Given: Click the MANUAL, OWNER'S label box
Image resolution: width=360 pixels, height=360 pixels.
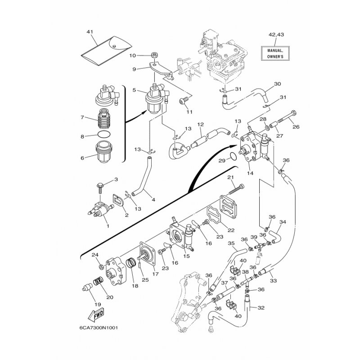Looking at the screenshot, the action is click(275, 53).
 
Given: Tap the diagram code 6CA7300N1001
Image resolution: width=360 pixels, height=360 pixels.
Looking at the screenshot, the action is click(99, 328).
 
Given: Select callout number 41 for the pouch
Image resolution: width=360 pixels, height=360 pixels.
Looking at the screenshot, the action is click(90, 31).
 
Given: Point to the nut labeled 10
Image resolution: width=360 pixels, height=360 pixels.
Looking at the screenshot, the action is click(154, 55).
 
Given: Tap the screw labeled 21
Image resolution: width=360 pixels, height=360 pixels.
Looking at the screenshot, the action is click(236, 189).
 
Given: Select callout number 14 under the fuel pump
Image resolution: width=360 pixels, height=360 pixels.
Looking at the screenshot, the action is click(250, 173).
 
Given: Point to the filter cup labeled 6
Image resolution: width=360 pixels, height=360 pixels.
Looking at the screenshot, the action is click(104, 152).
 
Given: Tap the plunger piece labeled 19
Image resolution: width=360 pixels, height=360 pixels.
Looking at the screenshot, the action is click(87, 287).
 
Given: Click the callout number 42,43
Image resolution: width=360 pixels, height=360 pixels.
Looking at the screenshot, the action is click(276, 35).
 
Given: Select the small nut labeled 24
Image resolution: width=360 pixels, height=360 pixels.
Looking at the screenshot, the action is click(101, 267).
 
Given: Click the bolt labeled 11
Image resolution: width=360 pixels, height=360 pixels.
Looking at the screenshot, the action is click(184, 100).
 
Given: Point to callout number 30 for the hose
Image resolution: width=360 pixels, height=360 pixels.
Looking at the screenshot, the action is click(277, 84).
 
